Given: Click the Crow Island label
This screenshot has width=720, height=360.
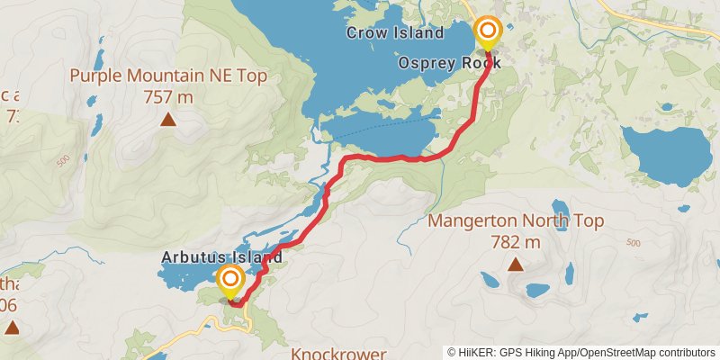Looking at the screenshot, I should pos(395,33).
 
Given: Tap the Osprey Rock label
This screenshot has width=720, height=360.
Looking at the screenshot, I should pos(449,64).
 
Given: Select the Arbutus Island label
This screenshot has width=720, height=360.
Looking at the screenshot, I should pos(221,257).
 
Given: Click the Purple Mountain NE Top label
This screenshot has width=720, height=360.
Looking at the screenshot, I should pos(168,76).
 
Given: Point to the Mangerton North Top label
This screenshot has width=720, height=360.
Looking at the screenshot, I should pos(516,221).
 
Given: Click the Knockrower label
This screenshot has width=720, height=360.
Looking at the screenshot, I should pos(338,354).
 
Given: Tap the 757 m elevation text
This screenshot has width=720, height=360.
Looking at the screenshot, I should pos(168,96).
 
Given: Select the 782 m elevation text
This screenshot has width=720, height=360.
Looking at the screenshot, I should pos(516,241).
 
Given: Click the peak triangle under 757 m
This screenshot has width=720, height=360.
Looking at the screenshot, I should pos(168,119).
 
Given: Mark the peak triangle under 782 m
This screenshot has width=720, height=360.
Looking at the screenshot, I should pos(516,264).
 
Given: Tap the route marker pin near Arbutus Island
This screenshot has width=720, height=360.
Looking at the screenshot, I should pos(229,281).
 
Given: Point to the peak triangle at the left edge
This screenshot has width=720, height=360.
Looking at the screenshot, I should pos(12,328).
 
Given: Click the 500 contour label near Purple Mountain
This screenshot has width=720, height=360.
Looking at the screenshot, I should pos(62,161).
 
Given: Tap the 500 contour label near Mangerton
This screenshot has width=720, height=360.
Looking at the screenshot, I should pos(633,243).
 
